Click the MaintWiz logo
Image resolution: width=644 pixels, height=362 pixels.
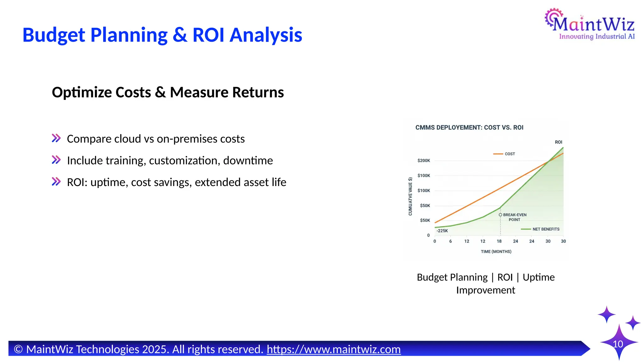pyautogui.click(x=590, y=25)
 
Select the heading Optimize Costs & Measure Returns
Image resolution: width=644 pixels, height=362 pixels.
pyautogui.click(x=168, y=92)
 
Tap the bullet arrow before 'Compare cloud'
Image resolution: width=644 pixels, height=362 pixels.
pyautogui.click(x=56, y=138)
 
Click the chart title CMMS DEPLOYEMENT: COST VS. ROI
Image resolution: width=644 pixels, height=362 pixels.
pyautogui.click(x=469, y=128)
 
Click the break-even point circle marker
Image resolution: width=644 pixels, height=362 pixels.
pyautogui.click(x=500, y=215)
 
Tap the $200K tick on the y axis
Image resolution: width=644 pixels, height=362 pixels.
pyautogui.click(x=424, y=161)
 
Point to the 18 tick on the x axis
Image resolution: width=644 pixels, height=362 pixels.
pyautogui.click(x=499, y=241)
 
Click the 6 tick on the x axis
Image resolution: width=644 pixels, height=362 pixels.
pyautogui.click(x=451, y=241)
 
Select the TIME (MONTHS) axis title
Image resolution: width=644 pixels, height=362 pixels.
pyautogui.click(x=496, y=252)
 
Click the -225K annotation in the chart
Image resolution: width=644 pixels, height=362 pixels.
pyautogui.click(x=442, y=231)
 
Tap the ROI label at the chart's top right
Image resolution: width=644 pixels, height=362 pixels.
pyautogui.click(x=558, y=142)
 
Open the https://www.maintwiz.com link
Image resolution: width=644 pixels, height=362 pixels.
pyautogui.click(x=334, y=349)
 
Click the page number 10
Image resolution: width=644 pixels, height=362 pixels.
pyautogui.click(x=618, y=344)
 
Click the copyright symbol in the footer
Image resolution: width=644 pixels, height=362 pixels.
pyautogui.click(x=18, y=349)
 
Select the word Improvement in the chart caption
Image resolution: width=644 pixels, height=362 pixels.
pyautogui.click(x=486, y=290)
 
